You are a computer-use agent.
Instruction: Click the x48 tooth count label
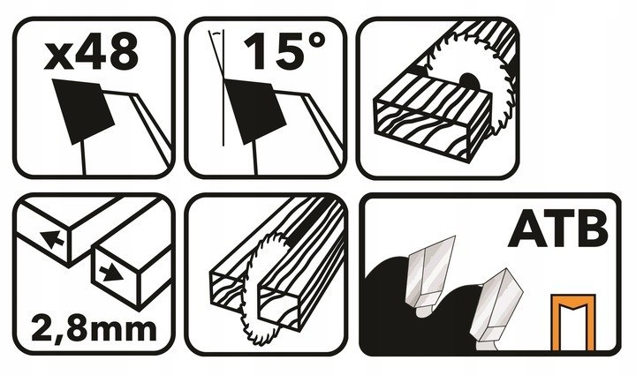[91, 51]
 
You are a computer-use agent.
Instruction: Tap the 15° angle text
[284, 51]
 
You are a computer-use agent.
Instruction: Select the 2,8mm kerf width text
[94, 330]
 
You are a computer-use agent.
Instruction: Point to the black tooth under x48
[84, 111]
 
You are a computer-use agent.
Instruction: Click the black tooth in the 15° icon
[255, 111]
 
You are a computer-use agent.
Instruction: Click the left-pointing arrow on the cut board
[52, 238]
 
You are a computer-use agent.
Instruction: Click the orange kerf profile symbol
[573, 322]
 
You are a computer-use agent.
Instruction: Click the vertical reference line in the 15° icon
[223, 88]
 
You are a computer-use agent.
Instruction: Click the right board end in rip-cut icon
[280, 306]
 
